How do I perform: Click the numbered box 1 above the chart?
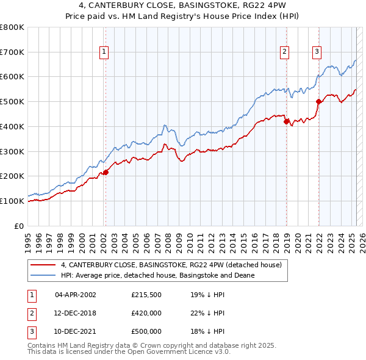click(x=105, y=52)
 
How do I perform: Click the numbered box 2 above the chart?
click(x=285, y=52)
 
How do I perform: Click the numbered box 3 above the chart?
click(x=317, y=52)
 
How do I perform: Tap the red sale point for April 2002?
click(x=106, y=172)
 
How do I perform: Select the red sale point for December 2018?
click(x=286, y=121)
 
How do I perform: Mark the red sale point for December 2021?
click(x=318, y=102)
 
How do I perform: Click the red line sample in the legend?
click(x=43, y=265)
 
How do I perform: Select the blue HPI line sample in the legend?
click(x=43, y=276)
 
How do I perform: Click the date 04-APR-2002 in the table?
click(x=76, y=295)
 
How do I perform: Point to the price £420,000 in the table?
click(x=146, y=313)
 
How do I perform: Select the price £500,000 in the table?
click(x=146, y=331)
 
